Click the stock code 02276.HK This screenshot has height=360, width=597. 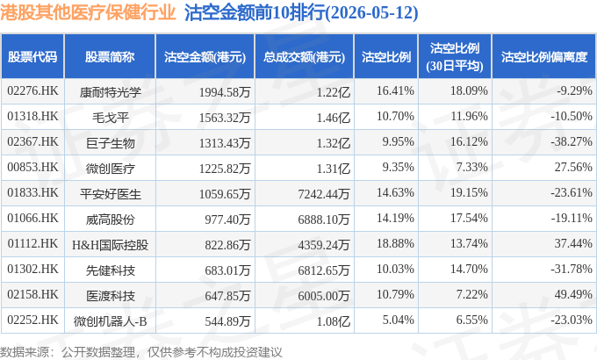pos(32,91)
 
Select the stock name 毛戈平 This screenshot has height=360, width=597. pos(111,118)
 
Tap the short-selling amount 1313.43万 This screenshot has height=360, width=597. pos(224,143)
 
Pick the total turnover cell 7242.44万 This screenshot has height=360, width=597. pos(324,194)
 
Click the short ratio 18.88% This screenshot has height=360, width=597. pos(395,243)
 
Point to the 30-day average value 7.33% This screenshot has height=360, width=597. pos(471,167)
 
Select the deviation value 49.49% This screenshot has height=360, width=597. pos(573,294)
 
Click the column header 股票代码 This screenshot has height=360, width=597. pos(32,57)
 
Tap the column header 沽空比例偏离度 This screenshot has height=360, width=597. pos(544,57)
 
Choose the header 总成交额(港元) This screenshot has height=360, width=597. pos(305,57)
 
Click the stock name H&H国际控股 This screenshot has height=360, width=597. pos(110,245)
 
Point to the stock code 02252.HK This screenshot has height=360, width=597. pos(32,320)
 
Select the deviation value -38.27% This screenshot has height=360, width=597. pos(572,141)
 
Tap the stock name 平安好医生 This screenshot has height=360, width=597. pos(111,194)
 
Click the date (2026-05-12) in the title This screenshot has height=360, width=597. pos(371,12)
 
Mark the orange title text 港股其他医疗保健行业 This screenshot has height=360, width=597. pos(88,12)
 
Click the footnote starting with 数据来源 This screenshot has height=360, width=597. pos(140,352)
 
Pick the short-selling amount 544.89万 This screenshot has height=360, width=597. pos(227,321)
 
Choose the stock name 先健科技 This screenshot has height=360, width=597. pos(111,270)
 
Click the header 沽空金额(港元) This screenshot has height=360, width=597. pos(205,57)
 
